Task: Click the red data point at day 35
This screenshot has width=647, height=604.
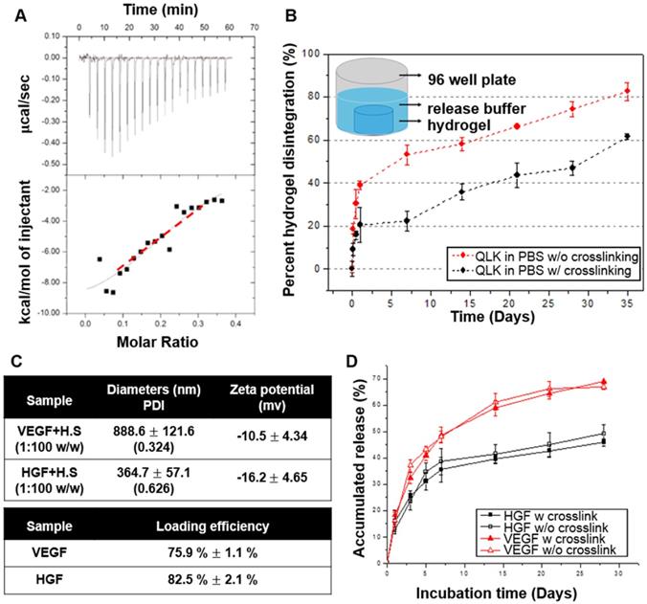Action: (x=627, y=91)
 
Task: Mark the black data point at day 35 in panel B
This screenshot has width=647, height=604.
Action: (x=627, y=136)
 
